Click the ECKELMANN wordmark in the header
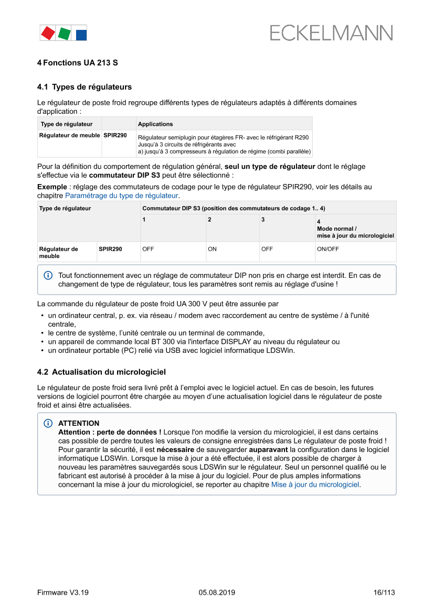(x=331, y=33)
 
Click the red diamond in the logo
(x=48, y=33)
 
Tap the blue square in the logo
(x=81, y=35)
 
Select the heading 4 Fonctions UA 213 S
(x=77, y=63)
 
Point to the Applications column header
(x=155, y=124)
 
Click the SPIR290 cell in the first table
(x=115, y=135)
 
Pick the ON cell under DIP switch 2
(x=212, y=249)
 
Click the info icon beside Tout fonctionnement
(x=48, y=275)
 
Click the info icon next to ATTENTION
(x=48, y=423)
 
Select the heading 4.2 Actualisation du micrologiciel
(x=101, y=372)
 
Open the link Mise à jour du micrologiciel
(x=315, y=485)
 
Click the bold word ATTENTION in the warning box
(x=79, y=423)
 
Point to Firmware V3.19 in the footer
(x=62, y=593)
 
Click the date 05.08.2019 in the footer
(x=217, y=593)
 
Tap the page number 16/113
(x=384, y=593)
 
